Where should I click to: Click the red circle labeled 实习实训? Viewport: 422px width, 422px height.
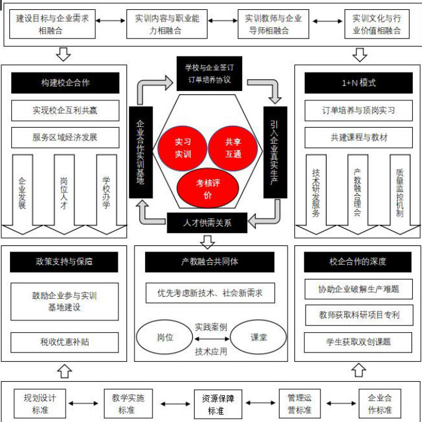(x=182, y=147)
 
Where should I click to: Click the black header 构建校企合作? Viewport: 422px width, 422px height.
(x=64, y=83)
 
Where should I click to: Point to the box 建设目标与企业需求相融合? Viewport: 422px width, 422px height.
(x=52, y=24)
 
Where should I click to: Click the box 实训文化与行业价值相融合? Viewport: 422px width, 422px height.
(x=377, y=24)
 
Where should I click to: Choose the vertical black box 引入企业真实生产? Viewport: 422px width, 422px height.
(x=275, y=152)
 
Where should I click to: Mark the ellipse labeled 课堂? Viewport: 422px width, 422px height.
(x=258, y=337)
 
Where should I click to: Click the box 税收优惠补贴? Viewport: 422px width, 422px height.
(x=64, y=341)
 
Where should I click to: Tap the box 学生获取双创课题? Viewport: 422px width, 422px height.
(x=359, y=341)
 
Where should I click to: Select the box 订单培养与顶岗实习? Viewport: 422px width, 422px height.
(x=359, y=111)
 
